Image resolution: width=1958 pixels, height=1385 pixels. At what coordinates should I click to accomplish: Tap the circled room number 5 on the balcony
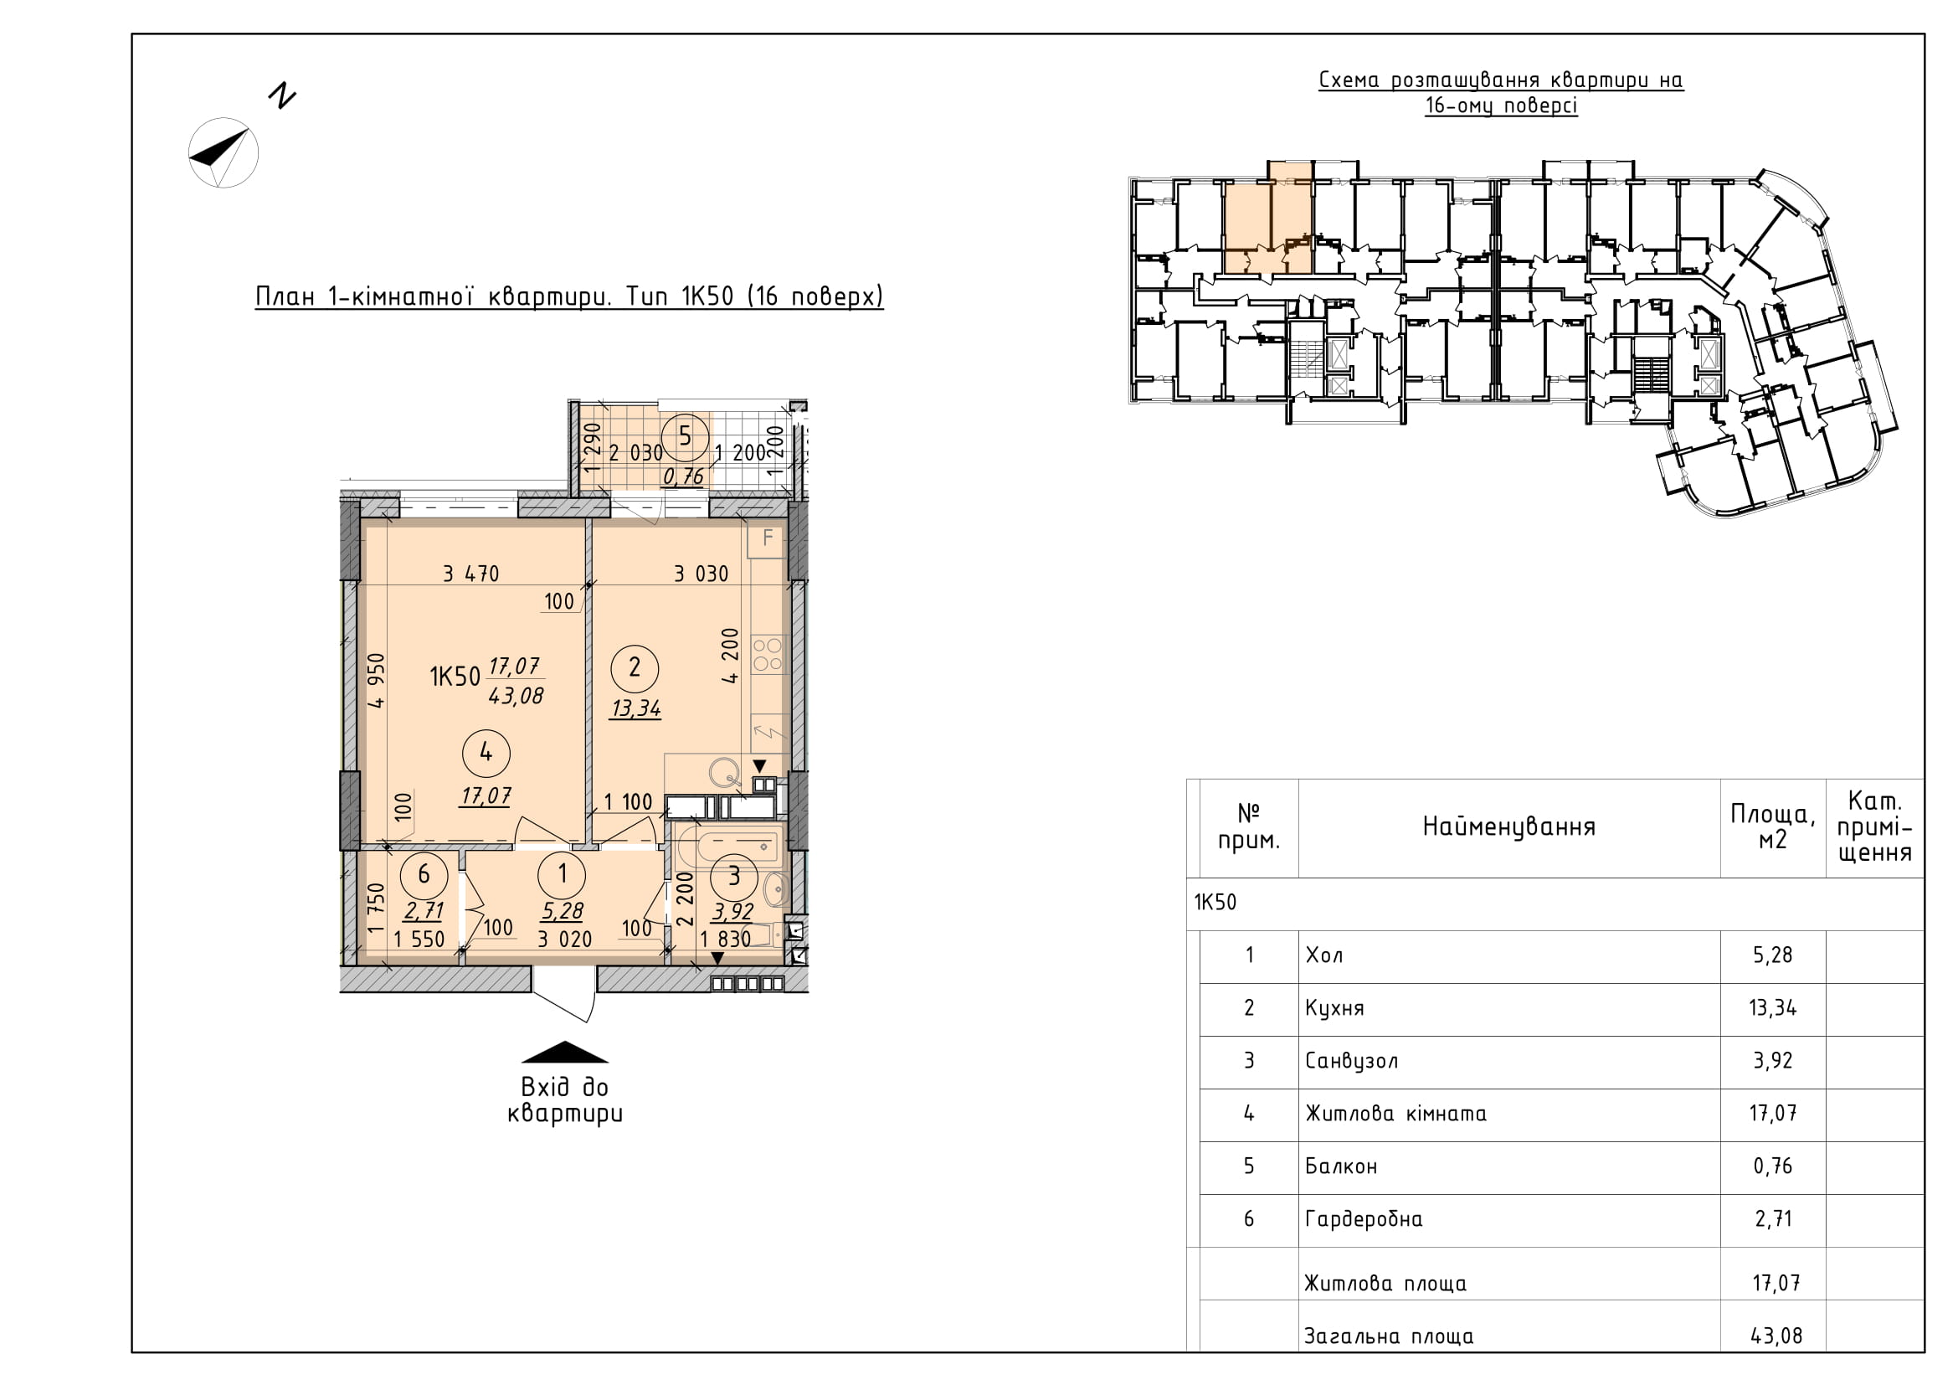685,436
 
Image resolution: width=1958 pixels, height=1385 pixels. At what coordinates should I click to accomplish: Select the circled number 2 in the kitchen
634,667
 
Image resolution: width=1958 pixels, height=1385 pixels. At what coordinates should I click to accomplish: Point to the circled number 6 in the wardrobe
424,875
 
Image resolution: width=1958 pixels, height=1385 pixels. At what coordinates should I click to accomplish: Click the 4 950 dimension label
376,681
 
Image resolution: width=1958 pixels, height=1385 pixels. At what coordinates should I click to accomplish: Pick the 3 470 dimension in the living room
470,574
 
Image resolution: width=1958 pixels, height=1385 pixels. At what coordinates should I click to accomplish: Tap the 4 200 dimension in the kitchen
730,656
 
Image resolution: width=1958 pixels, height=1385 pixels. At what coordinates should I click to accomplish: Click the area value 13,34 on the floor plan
635,708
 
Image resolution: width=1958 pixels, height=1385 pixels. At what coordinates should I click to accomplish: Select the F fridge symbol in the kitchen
767,538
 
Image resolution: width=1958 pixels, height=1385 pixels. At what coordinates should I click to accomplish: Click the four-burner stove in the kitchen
768,654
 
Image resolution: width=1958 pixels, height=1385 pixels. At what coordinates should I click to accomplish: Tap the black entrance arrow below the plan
564,1053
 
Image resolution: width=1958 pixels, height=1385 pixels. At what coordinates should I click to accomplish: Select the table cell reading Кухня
1334,1008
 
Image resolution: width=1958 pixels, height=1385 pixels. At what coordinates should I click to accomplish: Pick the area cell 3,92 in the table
1773,1060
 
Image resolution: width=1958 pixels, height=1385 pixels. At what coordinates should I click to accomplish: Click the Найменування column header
1508,826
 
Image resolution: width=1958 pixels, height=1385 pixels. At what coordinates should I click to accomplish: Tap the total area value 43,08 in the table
1776,1336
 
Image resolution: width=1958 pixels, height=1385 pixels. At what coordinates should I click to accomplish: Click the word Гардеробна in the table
1364,1218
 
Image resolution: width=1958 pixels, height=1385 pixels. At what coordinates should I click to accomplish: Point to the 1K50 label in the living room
455,677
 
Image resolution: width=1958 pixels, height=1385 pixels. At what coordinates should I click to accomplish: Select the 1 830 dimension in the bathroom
725,939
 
